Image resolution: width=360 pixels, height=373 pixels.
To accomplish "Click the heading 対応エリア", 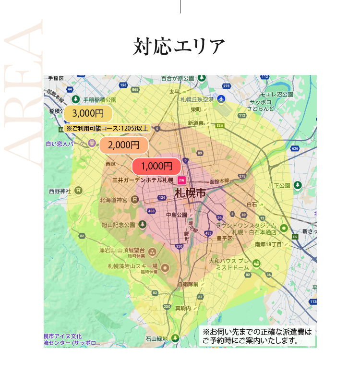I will (x=179, y=47).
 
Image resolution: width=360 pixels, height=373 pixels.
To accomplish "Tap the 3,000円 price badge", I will (x=88, y=114).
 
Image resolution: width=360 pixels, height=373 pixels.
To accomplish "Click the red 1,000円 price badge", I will (x=156, y=166).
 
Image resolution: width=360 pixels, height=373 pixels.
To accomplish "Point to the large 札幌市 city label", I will (x=190, y=193).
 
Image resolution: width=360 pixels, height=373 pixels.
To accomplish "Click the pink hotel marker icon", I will (x=181, y=180).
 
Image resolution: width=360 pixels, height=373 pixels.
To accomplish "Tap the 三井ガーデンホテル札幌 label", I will (x=142, y=180).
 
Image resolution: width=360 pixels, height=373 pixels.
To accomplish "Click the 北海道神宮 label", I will (x=113, y=200).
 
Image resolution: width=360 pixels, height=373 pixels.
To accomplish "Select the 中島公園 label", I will (x=176, y=215).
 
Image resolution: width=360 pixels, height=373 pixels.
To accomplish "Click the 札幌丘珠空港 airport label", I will (x=197, y=99).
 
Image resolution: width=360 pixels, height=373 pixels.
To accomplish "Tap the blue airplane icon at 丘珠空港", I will (x=221, y=99).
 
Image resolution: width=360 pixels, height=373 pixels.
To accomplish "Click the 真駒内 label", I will (x=183, y=308).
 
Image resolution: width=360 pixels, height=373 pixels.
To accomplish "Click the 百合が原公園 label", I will (x=178, y=78).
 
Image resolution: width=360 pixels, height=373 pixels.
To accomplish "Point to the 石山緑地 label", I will (x=156, y=339).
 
